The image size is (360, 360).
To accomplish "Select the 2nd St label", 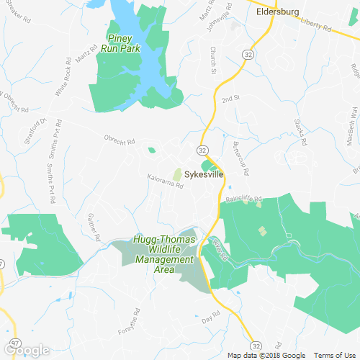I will point(230,99).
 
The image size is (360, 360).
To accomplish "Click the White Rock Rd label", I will point(67,79).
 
